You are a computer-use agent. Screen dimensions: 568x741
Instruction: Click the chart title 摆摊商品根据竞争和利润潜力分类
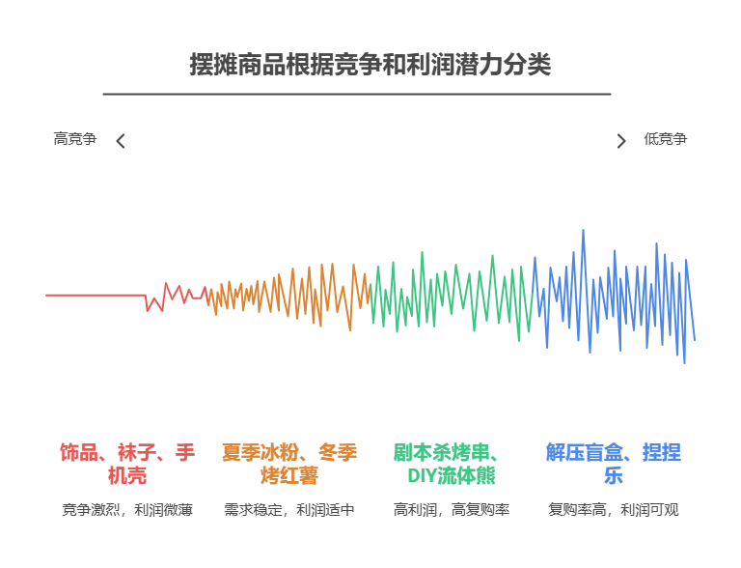pos(370,66)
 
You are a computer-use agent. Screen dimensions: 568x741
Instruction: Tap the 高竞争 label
pos(75,139)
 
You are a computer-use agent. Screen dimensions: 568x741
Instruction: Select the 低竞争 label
pos(665,139)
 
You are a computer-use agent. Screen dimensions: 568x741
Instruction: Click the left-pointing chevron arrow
pos(121,141)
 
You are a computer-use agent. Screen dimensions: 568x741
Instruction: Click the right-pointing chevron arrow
pos(621,141)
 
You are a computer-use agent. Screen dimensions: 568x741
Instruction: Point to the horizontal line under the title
pos(357,94)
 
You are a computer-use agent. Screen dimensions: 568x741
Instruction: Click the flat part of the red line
pos(96,295)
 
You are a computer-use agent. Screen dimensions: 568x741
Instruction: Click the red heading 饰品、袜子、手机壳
pos(127,464)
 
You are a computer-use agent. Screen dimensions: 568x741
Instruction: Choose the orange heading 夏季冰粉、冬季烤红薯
pos(289,464)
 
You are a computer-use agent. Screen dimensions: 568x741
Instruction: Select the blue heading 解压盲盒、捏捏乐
pos(614,464)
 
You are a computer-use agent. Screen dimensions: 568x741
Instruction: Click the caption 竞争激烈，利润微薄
pos(127,510)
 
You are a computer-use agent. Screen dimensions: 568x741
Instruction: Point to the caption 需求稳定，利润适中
pos(289,510)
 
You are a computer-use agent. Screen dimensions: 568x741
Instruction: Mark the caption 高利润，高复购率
pos(452,510)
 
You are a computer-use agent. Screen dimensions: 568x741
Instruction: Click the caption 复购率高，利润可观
pos(614,510)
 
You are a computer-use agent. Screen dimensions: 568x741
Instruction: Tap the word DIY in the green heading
pos(423,476)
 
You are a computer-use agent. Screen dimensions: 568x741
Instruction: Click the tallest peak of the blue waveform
pos(583,232)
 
